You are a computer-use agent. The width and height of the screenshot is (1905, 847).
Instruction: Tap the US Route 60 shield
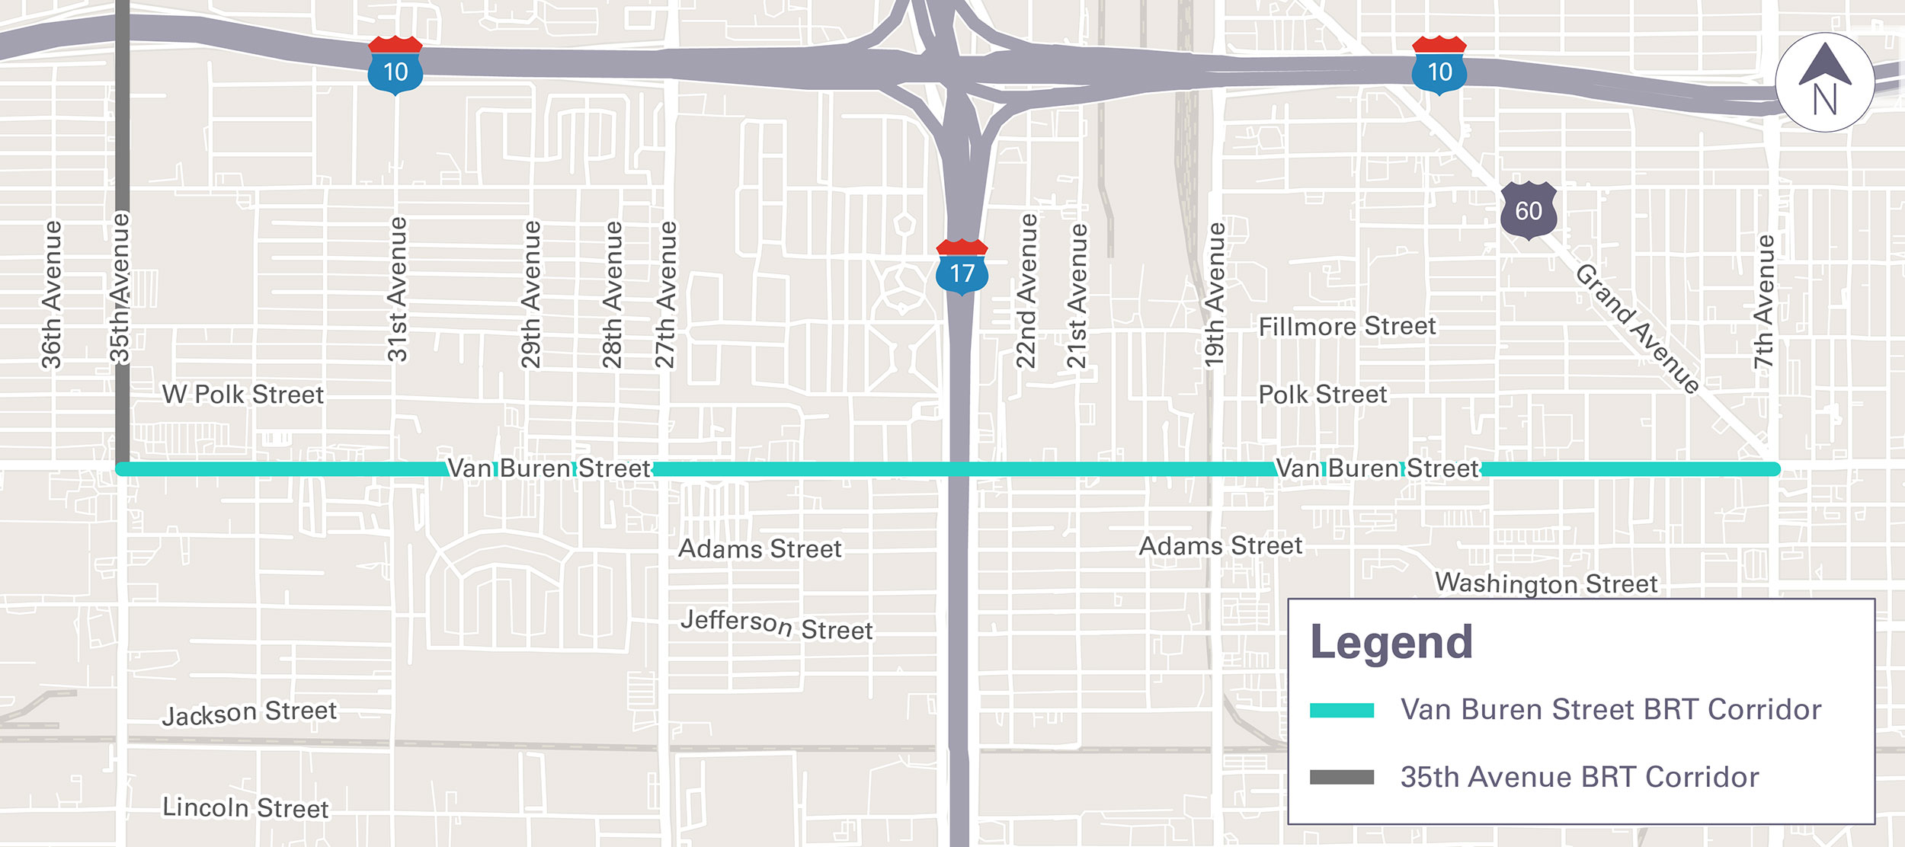tap(1528, 210)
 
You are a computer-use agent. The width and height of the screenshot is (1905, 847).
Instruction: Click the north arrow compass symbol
tap(1824, 82)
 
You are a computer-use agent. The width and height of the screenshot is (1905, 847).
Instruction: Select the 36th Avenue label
tap(51, 294)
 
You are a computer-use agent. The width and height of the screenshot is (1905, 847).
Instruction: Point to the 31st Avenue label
tap(397, 289)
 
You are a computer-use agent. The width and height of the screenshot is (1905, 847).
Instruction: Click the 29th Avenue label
tap(531, 294)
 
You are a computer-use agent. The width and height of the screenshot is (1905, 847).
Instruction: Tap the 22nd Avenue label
tap(1026, 291)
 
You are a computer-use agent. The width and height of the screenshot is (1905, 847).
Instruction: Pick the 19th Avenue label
tap(1215, 294)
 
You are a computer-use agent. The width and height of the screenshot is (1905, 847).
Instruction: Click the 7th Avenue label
tap(1764, 302)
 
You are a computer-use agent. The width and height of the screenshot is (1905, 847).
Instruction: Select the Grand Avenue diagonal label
tap(1637, 329)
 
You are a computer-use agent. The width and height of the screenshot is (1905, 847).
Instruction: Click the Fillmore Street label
tap(1346, 327)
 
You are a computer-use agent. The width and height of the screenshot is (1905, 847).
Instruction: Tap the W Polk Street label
tap(243, 395)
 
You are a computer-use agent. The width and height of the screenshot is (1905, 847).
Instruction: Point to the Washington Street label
tap(1546, 583)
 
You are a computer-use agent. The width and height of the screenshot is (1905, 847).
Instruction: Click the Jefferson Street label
tap(776, 625)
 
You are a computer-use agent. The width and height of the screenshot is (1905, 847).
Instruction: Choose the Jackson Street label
tap(249, 713)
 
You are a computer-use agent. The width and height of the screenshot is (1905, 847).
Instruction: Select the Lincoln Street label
tap(245, 807)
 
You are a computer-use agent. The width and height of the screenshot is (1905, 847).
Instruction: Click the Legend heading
tap(1391, 642)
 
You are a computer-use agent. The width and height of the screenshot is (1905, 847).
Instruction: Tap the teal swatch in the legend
tap(1341, 710)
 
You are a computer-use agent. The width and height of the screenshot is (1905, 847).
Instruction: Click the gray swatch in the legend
tap(1341, 777)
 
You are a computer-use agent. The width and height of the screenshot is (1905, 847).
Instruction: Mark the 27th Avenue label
tap(665, 294)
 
